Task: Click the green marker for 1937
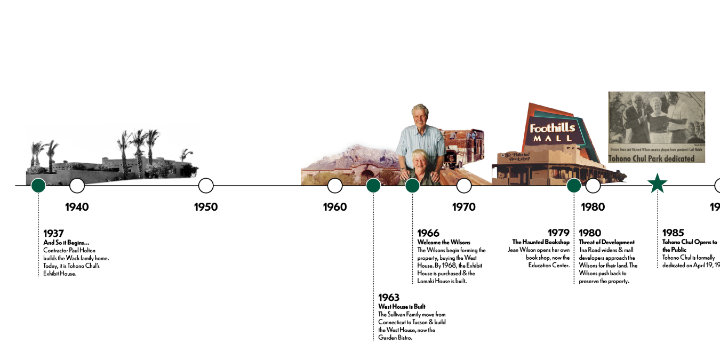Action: click(38, 186)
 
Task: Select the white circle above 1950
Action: click(206, 186)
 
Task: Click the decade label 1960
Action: click(334, 207)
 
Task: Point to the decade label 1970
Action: click(463, 207)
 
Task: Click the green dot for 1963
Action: click(373, 186)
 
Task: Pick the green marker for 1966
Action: click(412, 186)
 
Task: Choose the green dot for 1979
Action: click(574, 186)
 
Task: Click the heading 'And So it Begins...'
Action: click(66, 243)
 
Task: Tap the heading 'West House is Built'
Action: click(402, 307)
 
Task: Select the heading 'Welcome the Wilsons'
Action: click(444, 243)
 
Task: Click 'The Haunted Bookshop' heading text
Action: click(541, 242)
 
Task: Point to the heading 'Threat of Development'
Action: click(607, 243)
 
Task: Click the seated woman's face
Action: click(417, 160)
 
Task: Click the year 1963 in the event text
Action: click(389, 298)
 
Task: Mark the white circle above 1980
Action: click(593, 186)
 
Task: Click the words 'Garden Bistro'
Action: click(395, 338)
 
